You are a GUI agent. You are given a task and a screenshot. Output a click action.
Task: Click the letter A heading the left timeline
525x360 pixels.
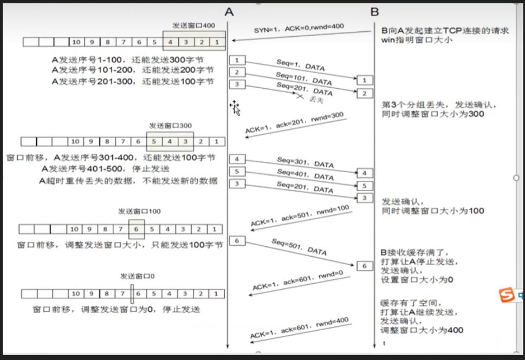point(230,11)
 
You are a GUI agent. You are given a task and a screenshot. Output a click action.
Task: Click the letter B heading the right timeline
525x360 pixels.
point(374,11)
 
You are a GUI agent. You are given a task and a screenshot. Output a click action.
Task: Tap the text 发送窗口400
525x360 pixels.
point(194,25)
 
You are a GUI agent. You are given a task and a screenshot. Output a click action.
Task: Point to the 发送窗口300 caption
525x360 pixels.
point(170,126)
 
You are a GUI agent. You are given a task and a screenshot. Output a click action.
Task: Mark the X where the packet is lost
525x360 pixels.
point(299,95)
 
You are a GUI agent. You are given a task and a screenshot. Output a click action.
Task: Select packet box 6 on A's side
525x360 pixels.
point(237,240)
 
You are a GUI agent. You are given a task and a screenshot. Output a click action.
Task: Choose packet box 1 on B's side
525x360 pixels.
point(365,80)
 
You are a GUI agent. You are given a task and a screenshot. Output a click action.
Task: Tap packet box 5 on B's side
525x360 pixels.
point(365,186)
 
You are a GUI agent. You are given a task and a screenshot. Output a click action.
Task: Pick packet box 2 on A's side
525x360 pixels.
point(237,72)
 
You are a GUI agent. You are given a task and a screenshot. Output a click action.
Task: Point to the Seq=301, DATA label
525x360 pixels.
point(305,163)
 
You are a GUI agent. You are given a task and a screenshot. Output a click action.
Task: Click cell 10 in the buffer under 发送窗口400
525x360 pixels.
point(76,42)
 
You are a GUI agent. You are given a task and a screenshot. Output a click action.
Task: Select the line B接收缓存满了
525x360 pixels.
point(414,253)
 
